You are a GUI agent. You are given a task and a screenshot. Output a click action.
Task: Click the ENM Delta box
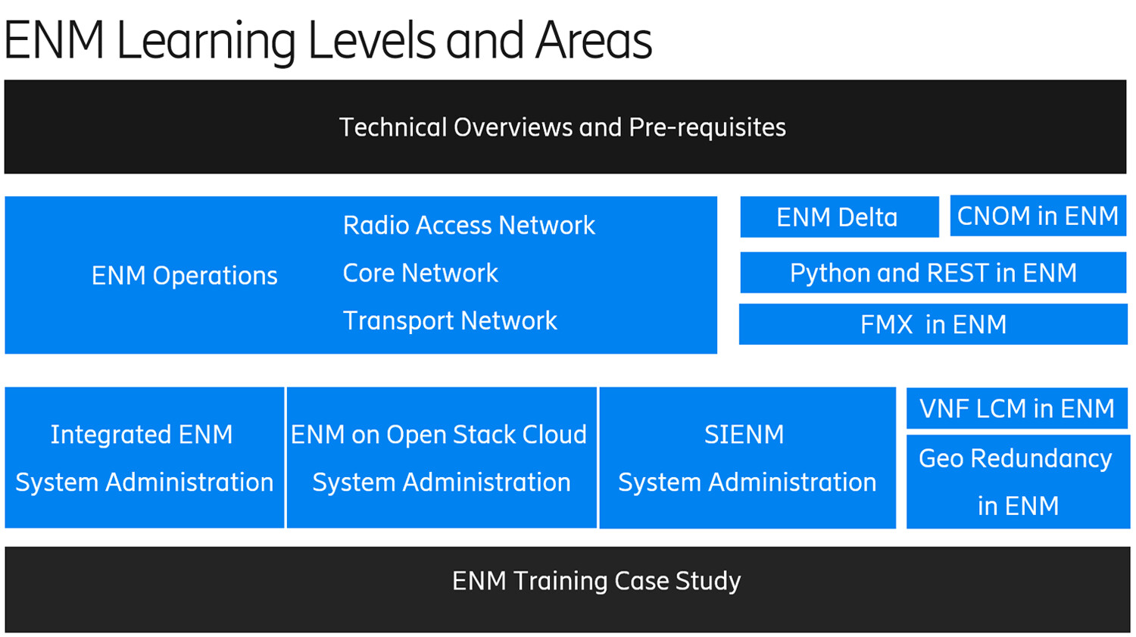(x=839, y=217)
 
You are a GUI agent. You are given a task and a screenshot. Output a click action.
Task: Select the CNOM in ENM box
(x=1038, y=216)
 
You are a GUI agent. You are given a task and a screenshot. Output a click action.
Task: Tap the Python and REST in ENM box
(x=933, y=273)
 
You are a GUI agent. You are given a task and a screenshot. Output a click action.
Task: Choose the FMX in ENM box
(x=933, y=324)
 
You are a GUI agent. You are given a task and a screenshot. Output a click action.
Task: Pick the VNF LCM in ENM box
(x=1016, y=409)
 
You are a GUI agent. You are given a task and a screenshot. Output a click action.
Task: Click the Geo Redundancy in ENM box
(x=1017, y=482)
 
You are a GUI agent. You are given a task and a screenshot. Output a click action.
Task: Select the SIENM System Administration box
(x=747, y=457)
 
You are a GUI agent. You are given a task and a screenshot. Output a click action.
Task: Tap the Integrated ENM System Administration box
(x=144, y=457)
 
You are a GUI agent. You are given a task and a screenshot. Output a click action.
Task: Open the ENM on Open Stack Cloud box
(x=441, y=457)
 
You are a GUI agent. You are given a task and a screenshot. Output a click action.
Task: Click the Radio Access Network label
(x=469, y=225)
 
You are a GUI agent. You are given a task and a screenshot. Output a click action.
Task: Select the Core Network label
(x=420, y=273)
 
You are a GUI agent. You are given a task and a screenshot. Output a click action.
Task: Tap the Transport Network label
(x=450, y=320)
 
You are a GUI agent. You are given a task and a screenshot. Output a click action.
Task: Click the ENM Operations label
(x=184, y=276)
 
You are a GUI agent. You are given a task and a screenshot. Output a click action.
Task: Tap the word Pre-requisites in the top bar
(x=707, y=127)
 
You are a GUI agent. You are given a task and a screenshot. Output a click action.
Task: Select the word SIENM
(x=744, y=434)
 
